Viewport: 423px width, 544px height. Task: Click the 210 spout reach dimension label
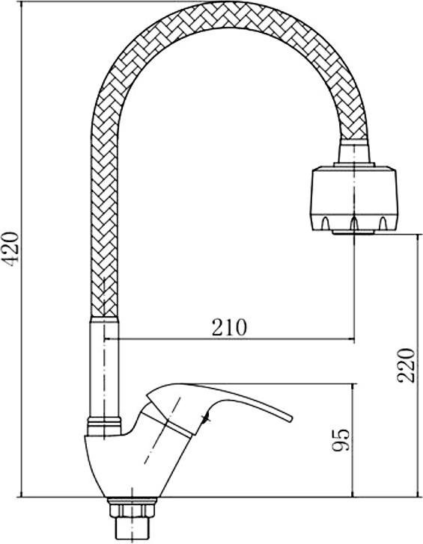(229, 327)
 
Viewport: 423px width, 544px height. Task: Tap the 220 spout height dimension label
(407, 365)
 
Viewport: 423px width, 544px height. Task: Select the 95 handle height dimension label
(341, 440)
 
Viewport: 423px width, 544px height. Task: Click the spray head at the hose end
(353, 200)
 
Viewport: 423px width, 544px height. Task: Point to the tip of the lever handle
(290, 418)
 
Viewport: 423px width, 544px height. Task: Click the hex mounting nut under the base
(132, 510)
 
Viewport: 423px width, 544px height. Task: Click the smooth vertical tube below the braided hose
(104, 367)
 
